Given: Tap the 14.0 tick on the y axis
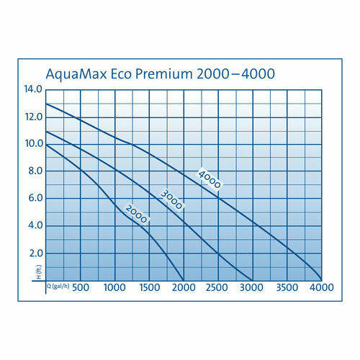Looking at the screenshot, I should [x=33, y=89].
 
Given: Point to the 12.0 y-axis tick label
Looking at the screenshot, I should [x=33, y=117].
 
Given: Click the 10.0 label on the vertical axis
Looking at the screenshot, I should [x=33, y=144].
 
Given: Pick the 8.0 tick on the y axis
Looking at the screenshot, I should [x=35, y=171].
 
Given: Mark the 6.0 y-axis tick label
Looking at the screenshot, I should [x=35, y=199].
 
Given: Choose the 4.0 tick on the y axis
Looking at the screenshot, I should [x=35, y=225].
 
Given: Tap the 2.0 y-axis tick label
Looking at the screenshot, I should [x=35, y=253].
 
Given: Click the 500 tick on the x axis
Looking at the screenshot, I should [x=80, y=288].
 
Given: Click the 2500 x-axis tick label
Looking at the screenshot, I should [x=217, y=288].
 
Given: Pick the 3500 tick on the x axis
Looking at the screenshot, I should [x=287, y=288].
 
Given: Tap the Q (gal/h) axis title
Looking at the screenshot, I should [x=58, y=286].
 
